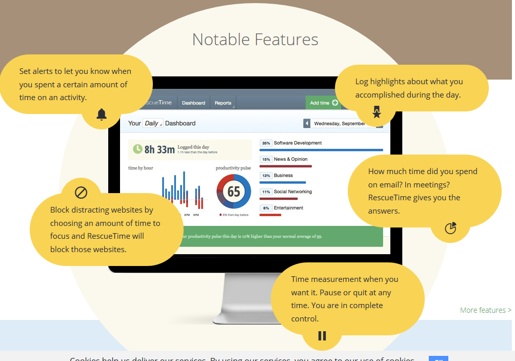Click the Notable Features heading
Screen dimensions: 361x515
click(x=255, y=40)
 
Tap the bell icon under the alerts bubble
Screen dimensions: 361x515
click(x=102, y=115)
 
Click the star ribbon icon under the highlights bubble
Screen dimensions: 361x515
click(x=377, y=112)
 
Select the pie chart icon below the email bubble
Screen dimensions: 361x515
click(x=450, y=228)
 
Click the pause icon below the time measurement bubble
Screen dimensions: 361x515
click(x=322, y=336)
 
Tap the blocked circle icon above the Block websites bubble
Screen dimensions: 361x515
click(x=81, y=193)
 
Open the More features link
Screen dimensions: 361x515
click(x=485, y=310)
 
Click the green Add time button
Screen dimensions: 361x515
click(x=324, y=103)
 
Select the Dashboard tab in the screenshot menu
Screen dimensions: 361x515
click(x=193, y=103)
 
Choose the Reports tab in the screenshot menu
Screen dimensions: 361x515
click(x=223, y=103)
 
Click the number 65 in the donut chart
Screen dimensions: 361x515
click(x=233, y=192)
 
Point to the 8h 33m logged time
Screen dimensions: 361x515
click(x=160, y=149)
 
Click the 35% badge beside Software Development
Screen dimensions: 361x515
click(x=266, y=143)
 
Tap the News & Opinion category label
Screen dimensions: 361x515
click(x=291, y=159)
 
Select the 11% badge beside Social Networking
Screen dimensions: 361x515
click(x=266, y=192)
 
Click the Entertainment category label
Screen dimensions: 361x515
click(x=288, y=208)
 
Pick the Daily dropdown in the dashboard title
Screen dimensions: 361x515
click(x=153, y=123)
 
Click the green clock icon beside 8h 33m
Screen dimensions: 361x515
click(x=137, y=149)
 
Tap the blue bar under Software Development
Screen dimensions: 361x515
click(x=321, y=150)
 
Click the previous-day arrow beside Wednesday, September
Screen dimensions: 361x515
click(x=307, y=123)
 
